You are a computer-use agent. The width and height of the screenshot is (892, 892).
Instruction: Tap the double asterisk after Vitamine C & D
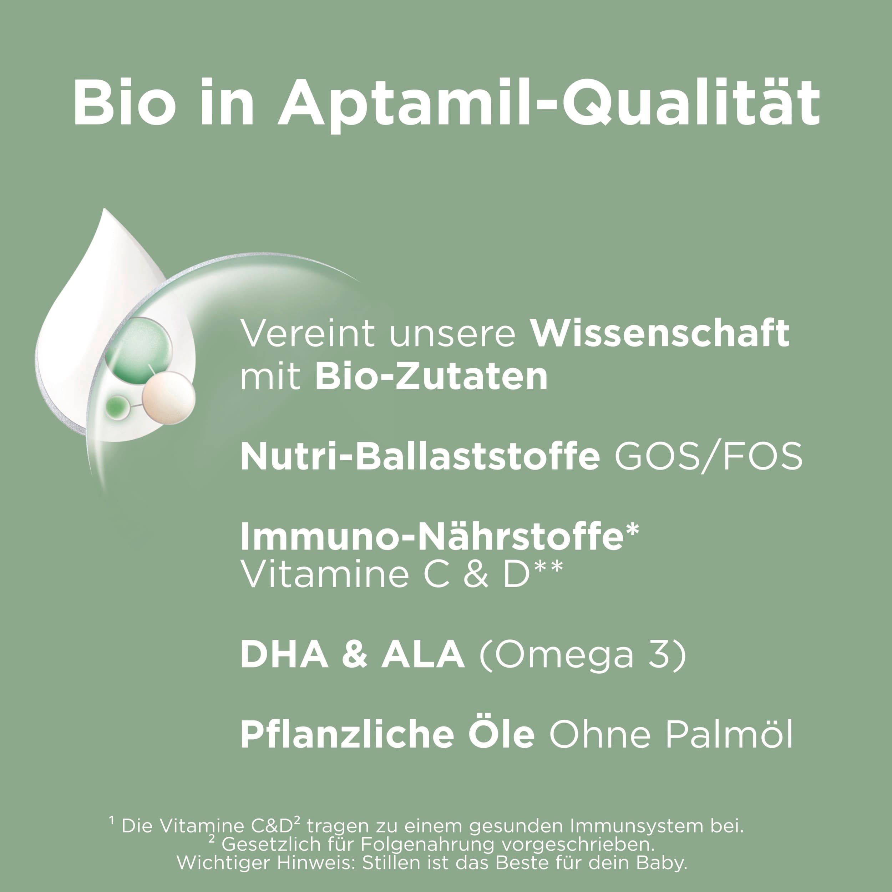click(x=549, y=566)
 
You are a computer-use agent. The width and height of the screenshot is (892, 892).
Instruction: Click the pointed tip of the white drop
click(x=105, y=209)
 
